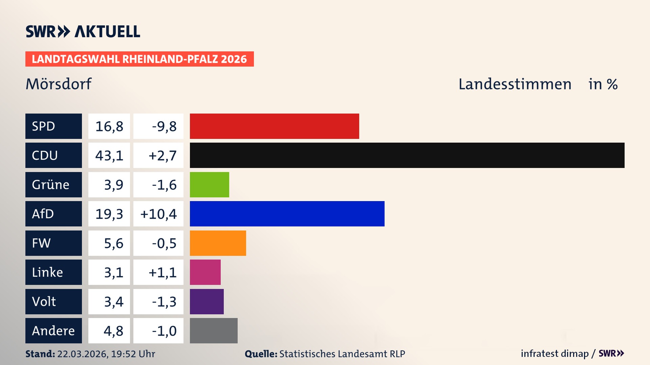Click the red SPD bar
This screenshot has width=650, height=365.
tap(274, 126)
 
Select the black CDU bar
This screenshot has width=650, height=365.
tap(407, 155)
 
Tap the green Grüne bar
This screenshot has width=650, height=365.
tap(209, 185)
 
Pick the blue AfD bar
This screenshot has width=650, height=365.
tap(287, 214)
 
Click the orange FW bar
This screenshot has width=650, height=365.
tap(218, 243)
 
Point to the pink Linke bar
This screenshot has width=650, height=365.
tap(205, 272)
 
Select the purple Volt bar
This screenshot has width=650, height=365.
tap(207, 301)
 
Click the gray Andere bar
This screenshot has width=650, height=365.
tap(214, 331)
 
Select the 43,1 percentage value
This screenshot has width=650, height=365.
tap(109, 155)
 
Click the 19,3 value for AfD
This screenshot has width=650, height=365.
tap(109, 214)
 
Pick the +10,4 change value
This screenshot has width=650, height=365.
tap(158, 214)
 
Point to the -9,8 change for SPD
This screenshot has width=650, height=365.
tap(164, 126)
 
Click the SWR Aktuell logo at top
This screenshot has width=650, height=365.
tap(83, 31)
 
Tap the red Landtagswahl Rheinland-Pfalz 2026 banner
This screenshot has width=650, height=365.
tap(139, 59)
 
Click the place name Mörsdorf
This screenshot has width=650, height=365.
tap(59, 84)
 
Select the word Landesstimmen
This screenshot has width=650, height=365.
tap(515, 84)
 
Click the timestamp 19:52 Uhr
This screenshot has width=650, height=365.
tap(133, 354)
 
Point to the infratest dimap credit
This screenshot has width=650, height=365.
tap(555, 354)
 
